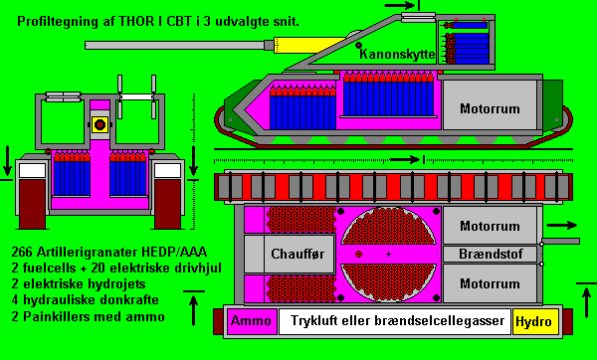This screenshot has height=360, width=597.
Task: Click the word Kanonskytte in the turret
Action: (x=397, y=54)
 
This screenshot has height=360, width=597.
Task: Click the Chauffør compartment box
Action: (x=290, y=254)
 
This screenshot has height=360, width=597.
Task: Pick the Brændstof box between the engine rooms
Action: (x=491, y=254)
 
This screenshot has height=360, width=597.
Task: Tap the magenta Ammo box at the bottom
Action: (x=252, y=321)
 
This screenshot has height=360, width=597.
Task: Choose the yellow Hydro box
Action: (x=535, y=321)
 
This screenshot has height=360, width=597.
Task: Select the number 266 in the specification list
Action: (x=21, y=252)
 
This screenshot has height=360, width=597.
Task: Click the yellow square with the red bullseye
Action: (x=99, y=124)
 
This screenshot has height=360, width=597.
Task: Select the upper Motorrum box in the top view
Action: (x=490, y=226)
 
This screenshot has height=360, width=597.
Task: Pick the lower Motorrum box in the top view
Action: (x=490, y=283)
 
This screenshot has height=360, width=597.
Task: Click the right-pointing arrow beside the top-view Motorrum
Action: (x=561, y=226)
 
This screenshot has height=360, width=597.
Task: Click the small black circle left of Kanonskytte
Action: (x=358, y=46)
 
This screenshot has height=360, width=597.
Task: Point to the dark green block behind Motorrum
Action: (x=552, y=105)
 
